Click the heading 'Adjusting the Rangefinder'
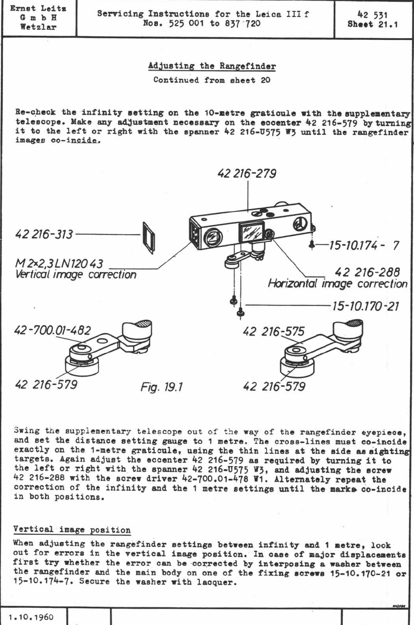pyautogui.click(x=212, y=66)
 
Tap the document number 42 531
pyautogui.click(x=373, y=15)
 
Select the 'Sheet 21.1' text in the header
pyautogui.click(x=373, y=25)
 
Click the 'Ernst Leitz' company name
pyautogui.click(x=38, y=8)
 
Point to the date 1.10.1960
pyautogui.click(x=31, y=617)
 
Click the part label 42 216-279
pyautogui.click(x=247, y=174)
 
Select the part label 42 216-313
pyautogui.click(x=44, y=234)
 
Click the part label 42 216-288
pyautogui.click(x=367, y=272)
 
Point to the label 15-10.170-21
pyautogui.click(x=365, y=306)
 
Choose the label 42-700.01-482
pyautogui.click(x=52, y=330)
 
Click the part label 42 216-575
pyautogui.click(x=273, y=331)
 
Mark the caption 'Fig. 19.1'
pyautogui.click(x=162, y=387)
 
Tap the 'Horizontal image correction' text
pyautogui.click(x=337, y=283)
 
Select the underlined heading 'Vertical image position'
pyautogui.click(x=72, y=529)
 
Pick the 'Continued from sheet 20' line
pyautogui.click(x=212, y=80)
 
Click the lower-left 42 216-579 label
pyautogui.click(x=46, y=385)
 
